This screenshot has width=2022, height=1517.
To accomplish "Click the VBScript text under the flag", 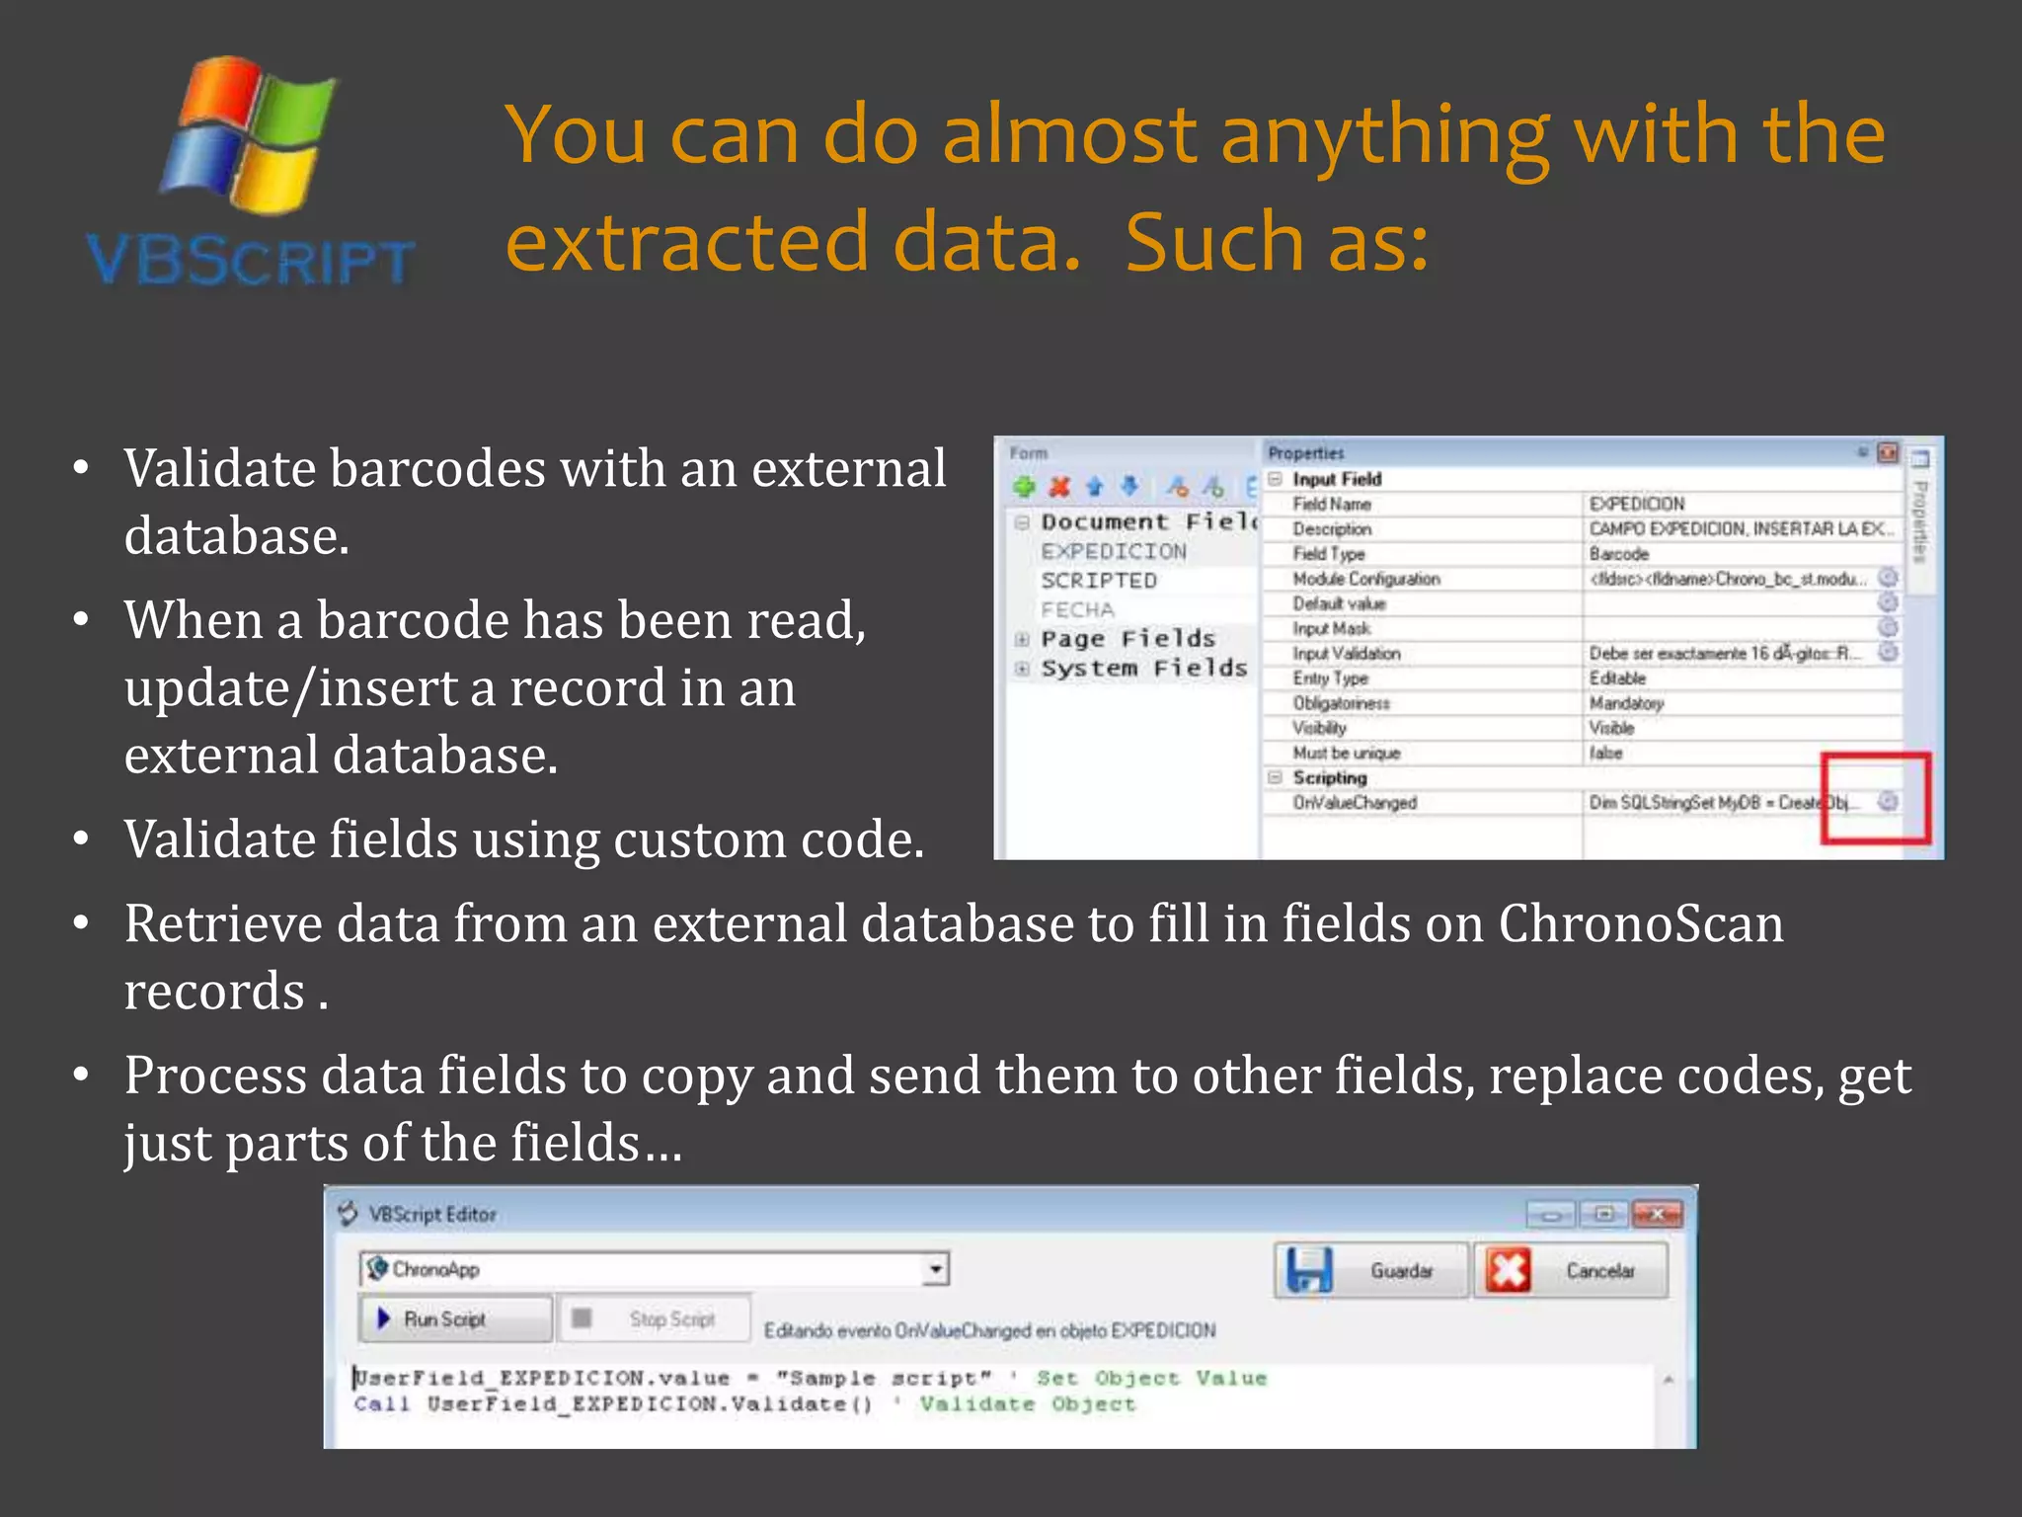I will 250,261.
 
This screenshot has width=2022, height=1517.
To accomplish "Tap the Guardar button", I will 1370,1270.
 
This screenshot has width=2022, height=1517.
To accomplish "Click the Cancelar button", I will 1570,1270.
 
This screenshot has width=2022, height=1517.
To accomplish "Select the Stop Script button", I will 654,1319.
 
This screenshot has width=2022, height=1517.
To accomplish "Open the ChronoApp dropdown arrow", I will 935,1269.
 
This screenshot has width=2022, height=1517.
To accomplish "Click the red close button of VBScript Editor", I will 1658,1214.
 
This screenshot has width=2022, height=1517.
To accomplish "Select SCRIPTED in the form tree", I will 1098,581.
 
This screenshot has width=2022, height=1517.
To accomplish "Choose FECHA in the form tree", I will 1077,609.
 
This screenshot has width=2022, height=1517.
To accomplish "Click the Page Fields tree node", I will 1128,639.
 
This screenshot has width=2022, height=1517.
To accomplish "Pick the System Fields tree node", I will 1143,669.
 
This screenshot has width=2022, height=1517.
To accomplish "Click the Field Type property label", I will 1329,554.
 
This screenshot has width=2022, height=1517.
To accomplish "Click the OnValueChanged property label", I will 1355,803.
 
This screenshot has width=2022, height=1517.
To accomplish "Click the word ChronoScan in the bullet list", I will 1641,924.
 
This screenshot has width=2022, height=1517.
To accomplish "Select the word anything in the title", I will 1384,135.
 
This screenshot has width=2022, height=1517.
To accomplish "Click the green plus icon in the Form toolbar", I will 1024,487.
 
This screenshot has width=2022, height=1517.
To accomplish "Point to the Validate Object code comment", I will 1027,1404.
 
